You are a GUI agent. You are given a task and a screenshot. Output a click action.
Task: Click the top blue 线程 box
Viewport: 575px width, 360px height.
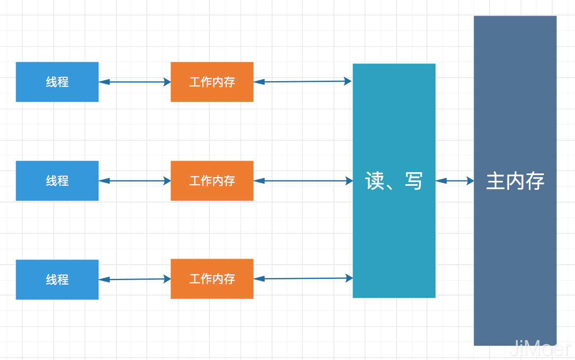click(57, 82)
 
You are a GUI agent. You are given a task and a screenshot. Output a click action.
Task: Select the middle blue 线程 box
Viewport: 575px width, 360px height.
click(57, 181)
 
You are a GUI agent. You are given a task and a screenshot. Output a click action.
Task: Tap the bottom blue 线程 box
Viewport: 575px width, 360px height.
click(57, 280)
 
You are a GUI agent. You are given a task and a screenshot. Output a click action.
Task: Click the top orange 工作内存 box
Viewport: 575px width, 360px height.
click(212, 82)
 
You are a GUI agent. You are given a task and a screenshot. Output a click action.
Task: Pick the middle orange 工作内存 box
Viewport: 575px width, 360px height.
click(212, 181)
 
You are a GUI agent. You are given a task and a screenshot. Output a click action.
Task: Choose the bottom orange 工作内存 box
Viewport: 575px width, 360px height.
click(212, 279)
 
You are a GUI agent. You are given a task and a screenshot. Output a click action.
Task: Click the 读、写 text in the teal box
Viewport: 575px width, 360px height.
click(394, 181)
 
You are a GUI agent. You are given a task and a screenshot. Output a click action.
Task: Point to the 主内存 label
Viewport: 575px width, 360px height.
click(515, 181)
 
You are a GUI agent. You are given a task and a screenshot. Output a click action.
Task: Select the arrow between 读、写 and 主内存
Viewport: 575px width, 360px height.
click(455, 181)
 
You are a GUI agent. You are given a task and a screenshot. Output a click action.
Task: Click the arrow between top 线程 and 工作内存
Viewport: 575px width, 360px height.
click(135, 82)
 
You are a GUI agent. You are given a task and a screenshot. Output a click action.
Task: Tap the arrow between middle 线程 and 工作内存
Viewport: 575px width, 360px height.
click(135, 181)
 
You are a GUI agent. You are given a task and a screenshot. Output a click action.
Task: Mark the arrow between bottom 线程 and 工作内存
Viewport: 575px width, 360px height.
click(135, 279)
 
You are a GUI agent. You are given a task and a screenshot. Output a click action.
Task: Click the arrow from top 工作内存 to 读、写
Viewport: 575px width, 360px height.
click(303, 82)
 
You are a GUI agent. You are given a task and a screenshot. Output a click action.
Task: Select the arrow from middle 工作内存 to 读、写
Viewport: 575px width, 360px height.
click(303, 181)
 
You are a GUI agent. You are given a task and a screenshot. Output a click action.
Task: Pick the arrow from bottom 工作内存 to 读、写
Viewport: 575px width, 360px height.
click(303, 278)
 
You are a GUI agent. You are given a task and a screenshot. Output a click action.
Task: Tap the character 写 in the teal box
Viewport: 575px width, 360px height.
click(413, 181)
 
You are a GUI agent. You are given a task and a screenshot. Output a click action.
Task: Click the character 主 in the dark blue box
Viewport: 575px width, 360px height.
click(496, 181)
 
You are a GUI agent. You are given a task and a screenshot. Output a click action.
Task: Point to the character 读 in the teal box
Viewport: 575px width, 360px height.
click(375, 181)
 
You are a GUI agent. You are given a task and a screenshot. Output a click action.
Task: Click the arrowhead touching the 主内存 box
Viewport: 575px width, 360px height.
click(470, 181)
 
